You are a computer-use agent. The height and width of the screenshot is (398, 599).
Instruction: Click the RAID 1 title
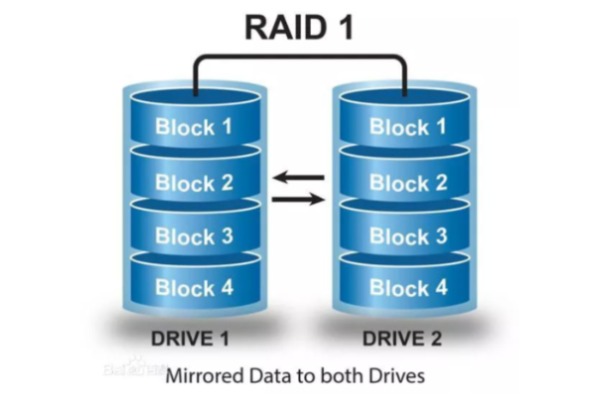(x=299, y=26)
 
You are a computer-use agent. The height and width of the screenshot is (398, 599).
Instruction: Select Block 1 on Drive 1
(x=194, y=127)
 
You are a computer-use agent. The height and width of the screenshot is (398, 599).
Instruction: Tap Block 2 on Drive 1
(x=194, y=182)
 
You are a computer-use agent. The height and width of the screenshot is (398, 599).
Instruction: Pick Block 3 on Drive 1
(x=194, y=237)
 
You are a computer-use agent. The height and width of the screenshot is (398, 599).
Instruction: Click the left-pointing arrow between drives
(x=298, y=177)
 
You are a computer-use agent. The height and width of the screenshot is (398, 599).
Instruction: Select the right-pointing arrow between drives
(x=298, y=199)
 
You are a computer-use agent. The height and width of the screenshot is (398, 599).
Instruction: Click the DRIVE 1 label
(x=190, y=340)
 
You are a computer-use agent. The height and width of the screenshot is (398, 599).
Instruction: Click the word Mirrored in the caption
(x=203, y=376)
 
